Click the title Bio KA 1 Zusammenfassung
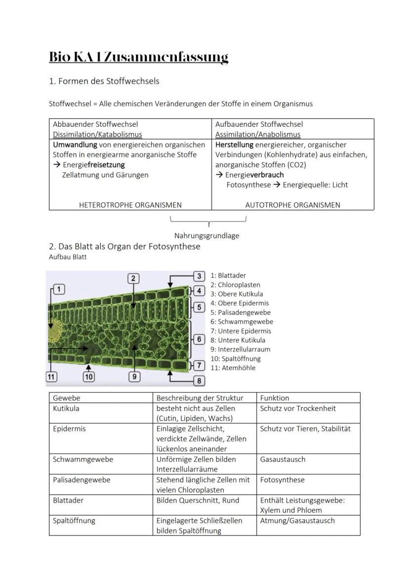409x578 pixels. click(x=138, y=57)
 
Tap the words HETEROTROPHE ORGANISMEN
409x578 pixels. click(x=130, y=205)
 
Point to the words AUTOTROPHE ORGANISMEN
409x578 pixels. click(x=292, y=205)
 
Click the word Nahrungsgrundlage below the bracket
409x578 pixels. click(x=206, y=235)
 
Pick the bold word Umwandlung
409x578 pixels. click(x=75, y=145)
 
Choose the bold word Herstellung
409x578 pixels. click(x=234, y=145)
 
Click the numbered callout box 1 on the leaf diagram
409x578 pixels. click(x=58, y=289)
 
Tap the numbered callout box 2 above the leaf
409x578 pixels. click(x=133, y=278)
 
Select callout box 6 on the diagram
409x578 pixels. click(x=199, y=339)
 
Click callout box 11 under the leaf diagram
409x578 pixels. click(x=51, y=377)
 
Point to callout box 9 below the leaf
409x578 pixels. click(x=134, y=377)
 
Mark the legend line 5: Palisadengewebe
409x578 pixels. click(x=241, y=312)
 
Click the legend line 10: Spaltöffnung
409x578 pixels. click(x=236, y=359)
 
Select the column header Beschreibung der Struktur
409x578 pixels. click(x=198, y=398)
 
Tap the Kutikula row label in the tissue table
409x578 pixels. click(x=66, y=409)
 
